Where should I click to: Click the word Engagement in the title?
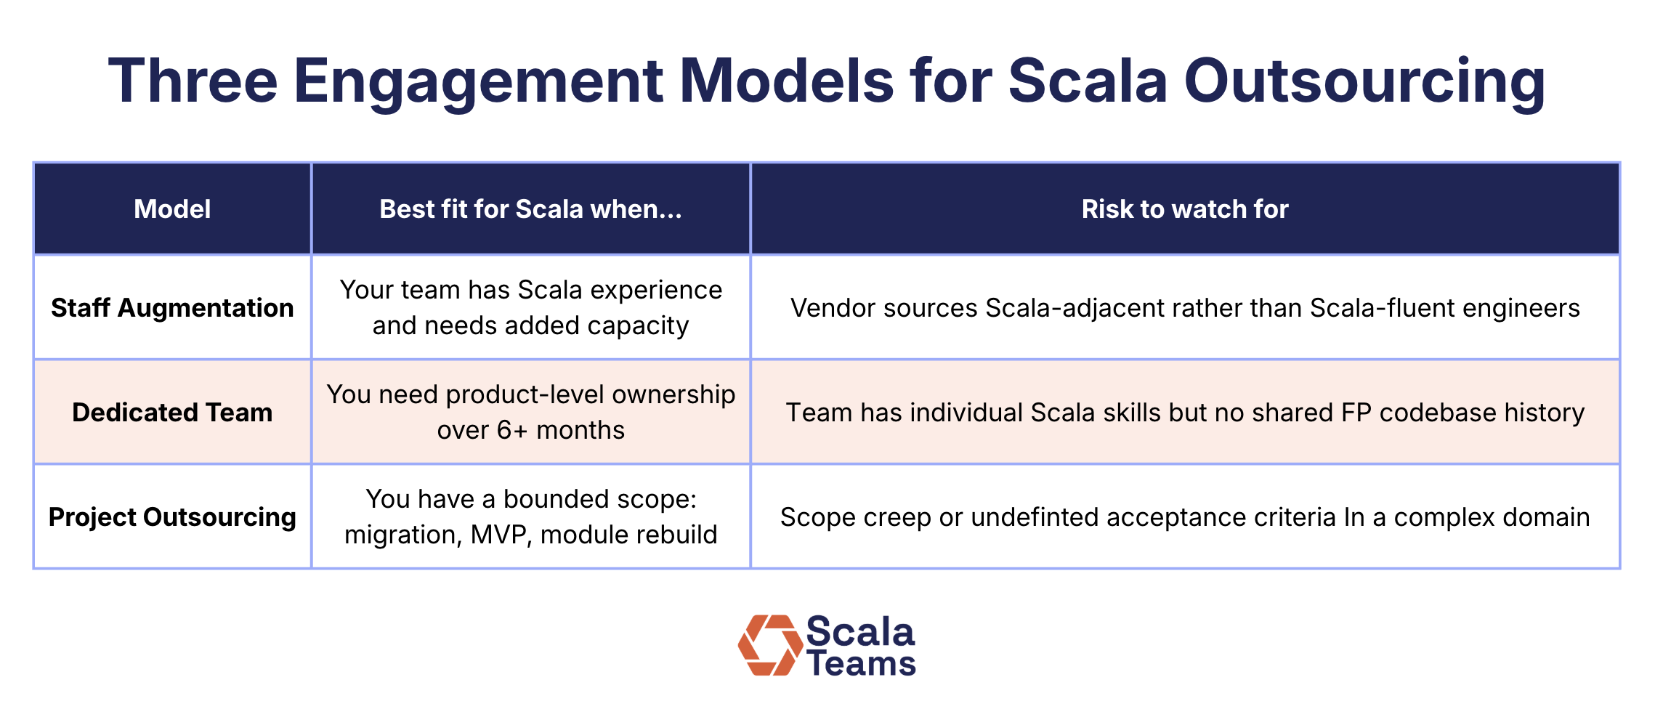tap(477, 81)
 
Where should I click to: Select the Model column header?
tap(172, 209)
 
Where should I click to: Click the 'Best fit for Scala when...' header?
tap(530, 209)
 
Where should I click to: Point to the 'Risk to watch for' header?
tap(1184, 209)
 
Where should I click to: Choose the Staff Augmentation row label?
tap(172, 308)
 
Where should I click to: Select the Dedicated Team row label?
tap(172, 413)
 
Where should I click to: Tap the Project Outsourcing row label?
tap(172, 517)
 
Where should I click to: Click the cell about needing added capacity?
tap(530, 308)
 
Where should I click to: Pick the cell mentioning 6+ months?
tap(530, 413)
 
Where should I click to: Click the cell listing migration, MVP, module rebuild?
tap(530, 517)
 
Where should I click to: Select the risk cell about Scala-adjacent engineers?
tap(1184, 308)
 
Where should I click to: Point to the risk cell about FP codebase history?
tap(1184, 413)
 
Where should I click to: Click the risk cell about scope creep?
tap(1184, 517)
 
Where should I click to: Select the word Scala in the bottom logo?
tap(860, 631)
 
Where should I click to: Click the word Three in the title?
tap(193, 81)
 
